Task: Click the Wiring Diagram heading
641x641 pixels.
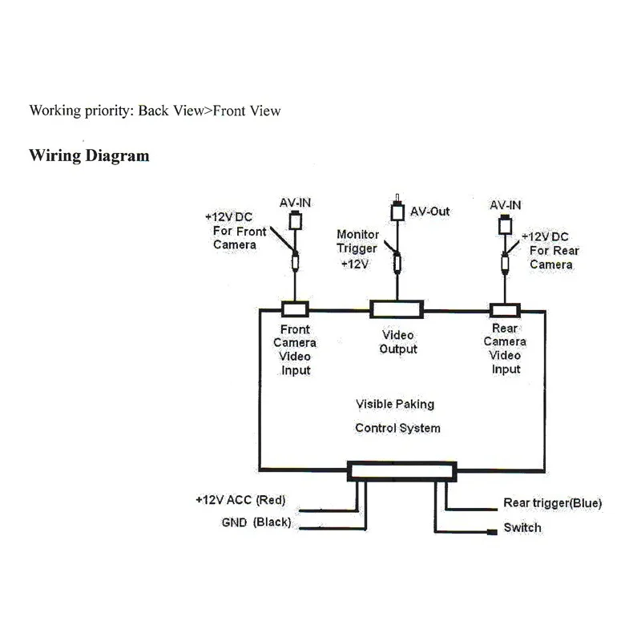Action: (89, 156)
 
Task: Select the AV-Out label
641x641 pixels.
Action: (429, 212)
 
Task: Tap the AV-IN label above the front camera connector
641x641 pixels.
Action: (295, 203)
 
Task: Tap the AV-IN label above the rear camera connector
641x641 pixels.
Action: (506, 205)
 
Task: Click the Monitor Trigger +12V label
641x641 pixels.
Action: (357, 249)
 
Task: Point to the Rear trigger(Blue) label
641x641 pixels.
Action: (552, 503)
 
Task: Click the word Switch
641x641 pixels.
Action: (522, 527)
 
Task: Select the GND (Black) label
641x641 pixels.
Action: (256, 522)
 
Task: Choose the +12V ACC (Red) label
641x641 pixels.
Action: (240, 499)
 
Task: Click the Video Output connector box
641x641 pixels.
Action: (397, 309)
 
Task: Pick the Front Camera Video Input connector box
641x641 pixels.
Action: (295, 309)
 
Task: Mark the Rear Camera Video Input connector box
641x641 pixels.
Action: (506, 311)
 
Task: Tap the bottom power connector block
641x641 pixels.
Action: (402, 471)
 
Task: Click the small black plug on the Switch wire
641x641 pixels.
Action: (492, 532)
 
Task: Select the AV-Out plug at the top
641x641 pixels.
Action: (397, 209)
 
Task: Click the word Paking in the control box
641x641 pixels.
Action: (414, 405)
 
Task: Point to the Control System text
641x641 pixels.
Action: (397, 428)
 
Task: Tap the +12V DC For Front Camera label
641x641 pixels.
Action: (236, 231)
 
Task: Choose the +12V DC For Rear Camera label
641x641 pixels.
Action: (550, 251)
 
